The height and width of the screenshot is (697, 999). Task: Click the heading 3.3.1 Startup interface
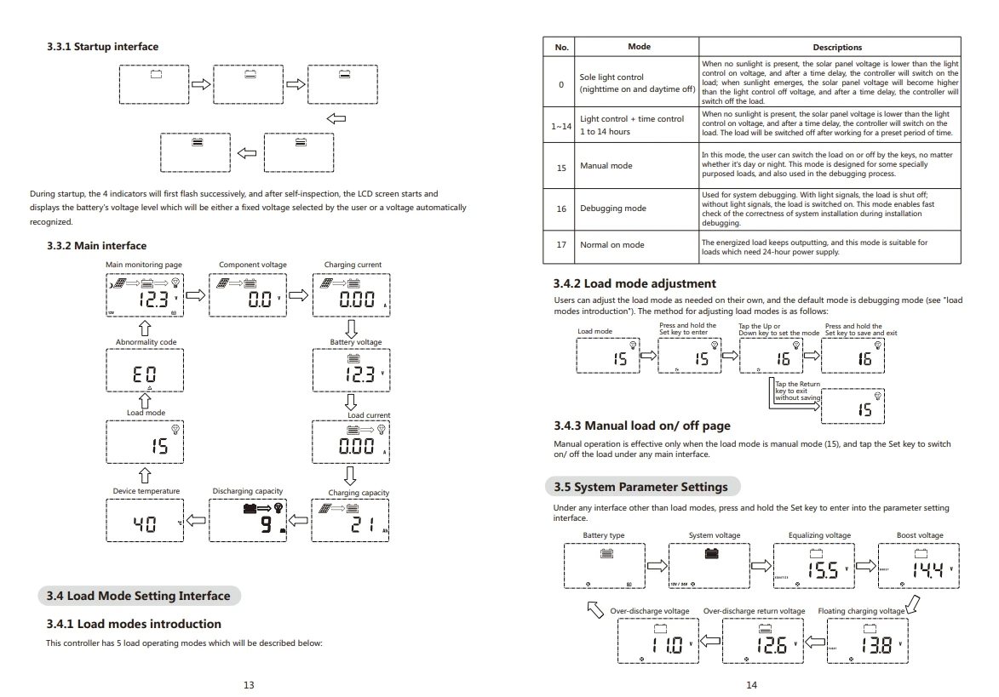[x=102, y=46]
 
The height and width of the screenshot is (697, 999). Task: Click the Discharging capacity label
[x=247, y=491]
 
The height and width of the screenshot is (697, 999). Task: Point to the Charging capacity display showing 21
[x=352, y=521]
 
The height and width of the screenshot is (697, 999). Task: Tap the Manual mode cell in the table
[x=606, y=166]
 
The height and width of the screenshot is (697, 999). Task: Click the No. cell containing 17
[x=561, y=245]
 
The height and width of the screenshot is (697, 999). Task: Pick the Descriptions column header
[x=836, y=47]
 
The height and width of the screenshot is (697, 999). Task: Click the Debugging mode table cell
[x=612, y=209]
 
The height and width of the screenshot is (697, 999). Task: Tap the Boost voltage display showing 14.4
[x=918, y=566]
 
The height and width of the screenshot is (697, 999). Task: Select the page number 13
[x=248, y=684]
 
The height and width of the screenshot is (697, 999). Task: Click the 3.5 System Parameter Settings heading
[x=641, y=487]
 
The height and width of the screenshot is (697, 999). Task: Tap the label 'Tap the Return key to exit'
[x=798, y=391]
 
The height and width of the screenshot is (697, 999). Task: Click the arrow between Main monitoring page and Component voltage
[x=196, y=296]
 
